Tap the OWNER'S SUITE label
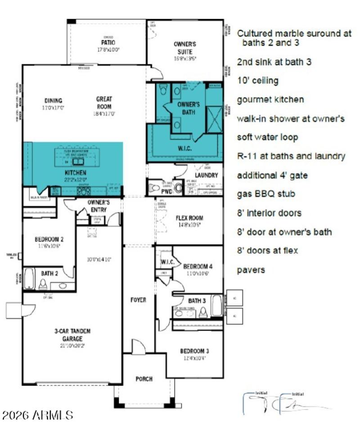pos(185,47)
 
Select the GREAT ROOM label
pos(104,103)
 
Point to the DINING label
pos(53,100)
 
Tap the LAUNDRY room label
pos(206,175)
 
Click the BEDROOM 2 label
pos(49,239)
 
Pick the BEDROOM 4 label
pos(198,267)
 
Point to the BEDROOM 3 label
pos(194,351)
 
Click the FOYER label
pos(138,300)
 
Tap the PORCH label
pos(144,379)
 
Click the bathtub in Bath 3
pos(216,306)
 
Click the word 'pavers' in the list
pos(251,270)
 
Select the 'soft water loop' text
pos(267,137)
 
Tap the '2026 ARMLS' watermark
pos(37,415)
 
